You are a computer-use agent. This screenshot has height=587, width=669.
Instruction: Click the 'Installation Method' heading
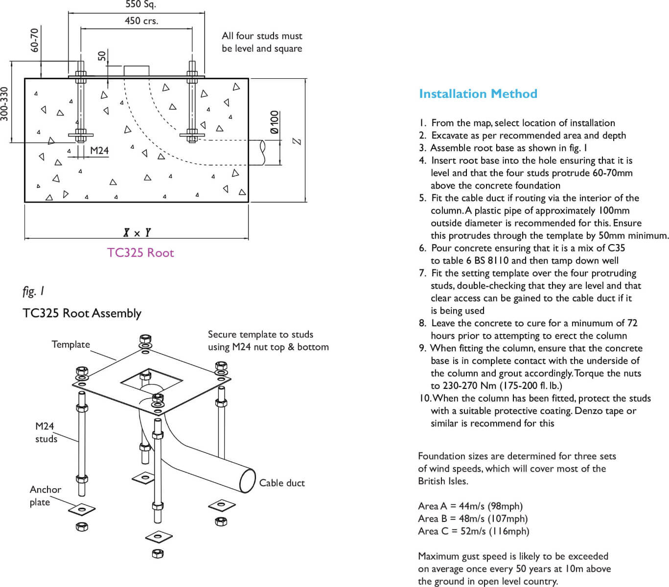pos(478,94)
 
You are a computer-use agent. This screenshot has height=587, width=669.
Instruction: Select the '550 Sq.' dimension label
pos(141,5)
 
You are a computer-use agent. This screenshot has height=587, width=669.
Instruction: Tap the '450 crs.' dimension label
pos(141,21)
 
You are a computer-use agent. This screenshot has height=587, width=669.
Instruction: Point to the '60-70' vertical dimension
pos(34,40)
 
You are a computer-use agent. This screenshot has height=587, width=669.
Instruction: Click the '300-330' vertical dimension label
pos(5,104)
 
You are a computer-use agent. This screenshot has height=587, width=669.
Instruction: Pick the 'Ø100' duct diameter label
pos(275,122)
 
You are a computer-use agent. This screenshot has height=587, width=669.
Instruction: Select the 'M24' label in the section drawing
pos(99,151)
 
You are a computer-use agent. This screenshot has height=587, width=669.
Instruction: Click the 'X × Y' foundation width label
pos(137,233)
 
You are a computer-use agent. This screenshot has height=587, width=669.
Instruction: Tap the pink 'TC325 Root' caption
pos(140,253)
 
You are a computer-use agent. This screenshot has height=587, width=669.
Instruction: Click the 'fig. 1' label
pos(33,291)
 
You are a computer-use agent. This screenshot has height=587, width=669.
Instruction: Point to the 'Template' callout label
pos(71,344)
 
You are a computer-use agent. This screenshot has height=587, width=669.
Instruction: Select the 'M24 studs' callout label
pos(46,432)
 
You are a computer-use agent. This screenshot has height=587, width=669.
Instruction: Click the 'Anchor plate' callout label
pos(45,496)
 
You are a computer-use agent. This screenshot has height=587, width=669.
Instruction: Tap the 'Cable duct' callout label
pos(282,483)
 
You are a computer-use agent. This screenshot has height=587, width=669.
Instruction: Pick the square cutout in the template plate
pos(151,380)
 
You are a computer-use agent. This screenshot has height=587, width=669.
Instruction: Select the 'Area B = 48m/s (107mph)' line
pos(473,519)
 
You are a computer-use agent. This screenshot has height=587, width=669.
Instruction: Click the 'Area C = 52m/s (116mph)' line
pos(473,531)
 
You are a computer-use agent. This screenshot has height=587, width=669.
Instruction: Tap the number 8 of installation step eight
pos(422,323)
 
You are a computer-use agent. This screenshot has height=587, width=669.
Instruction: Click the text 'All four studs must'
pos(262,36)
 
